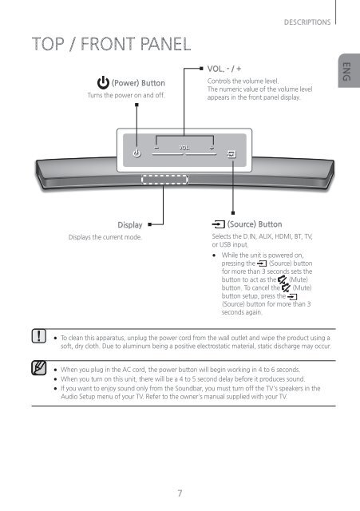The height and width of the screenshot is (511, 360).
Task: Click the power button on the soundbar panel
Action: click(136, 153)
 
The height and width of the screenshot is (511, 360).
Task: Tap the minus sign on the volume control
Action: click(156, 148)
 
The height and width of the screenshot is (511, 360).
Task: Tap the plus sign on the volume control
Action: click(212, 148)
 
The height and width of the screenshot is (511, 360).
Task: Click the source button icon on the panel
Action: click(231, 154)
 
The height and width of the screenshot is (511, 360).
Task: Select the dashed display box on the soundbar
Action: click(164, 180)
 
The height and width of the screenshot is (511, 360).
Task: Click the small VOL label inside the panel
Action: click(184, 148)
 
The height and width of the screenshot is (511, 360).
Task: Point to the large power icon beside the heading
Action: click(103, 83)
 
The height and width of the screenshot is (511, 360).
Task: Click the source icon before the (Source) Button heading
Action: click(218, 224)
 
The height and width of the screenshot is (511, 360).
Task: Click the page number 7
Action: click(180, 493)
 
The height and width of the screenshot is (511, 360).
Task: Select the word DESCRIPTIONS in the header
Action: click(307, 22)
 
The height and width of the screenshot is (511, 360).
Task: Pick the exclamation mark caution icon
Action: click(39, 336)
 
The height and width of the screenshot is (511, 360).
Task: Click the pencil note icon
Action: click(39, 368)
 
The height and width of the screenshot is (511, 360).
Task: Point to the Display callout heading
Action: click(130, 225)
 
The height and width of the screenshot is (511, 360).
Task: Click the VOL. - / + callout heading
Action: click(224, 69)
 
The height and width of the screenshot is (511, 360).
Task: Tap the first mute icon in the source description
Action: click(282, 279)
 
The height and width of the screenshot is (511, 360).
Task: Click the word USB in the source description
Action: click(225, 244)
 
